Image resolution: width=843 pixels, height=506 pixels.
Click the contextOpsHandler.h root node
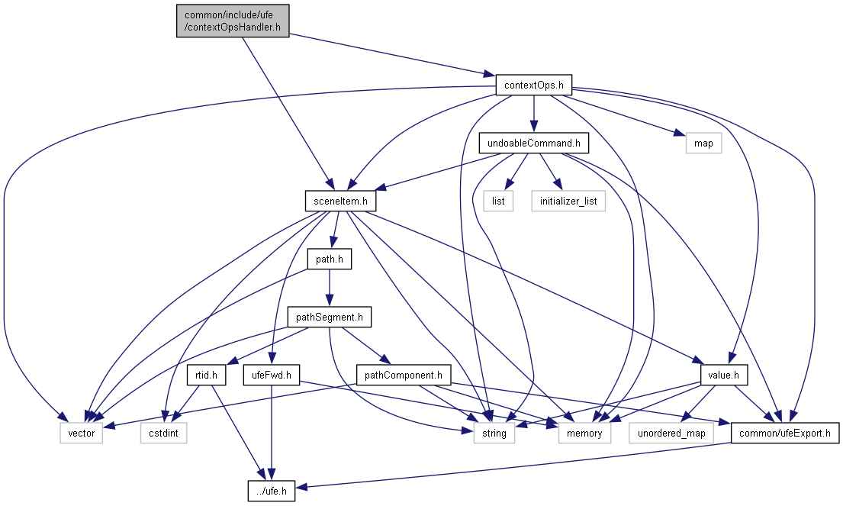(x=233, y=21)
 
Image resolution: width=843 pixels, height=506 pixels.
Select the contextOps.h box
(x=533, y=85)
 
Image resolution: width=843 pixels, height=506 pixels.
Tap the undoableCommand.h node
(x=534, y=143)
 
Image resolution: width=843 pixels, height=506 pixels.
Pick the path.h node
(x=329, y=259)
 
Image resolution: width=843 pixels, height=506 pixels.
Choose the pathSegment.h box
(x=329, y=317)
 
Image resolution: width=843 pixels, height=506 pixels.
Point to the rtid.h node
(x=205, y=375)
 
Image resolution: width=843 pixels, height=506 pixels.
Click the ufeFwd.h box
(x=272, y=375)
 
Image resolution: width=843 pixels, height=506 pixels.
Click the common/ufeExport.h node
(x=785, y=433)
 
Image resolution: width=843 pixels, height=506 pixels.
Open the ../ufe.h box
(x=271, y=491)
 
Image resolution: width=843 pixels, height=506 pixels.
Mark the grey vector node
(x=82, y=433)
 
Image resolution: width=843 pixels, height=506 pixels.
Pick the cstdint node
(x=163, y=433)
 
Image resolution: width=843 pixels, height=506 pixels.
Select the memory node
(x=584, y=433)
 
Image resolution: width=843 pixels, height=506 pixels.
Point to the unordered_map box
(x=671, y=433)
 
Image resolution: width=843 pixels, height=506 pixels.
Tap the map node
(x=703, y=143)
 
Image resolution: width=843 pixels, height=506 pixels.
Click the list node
(x=497, y=201)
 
